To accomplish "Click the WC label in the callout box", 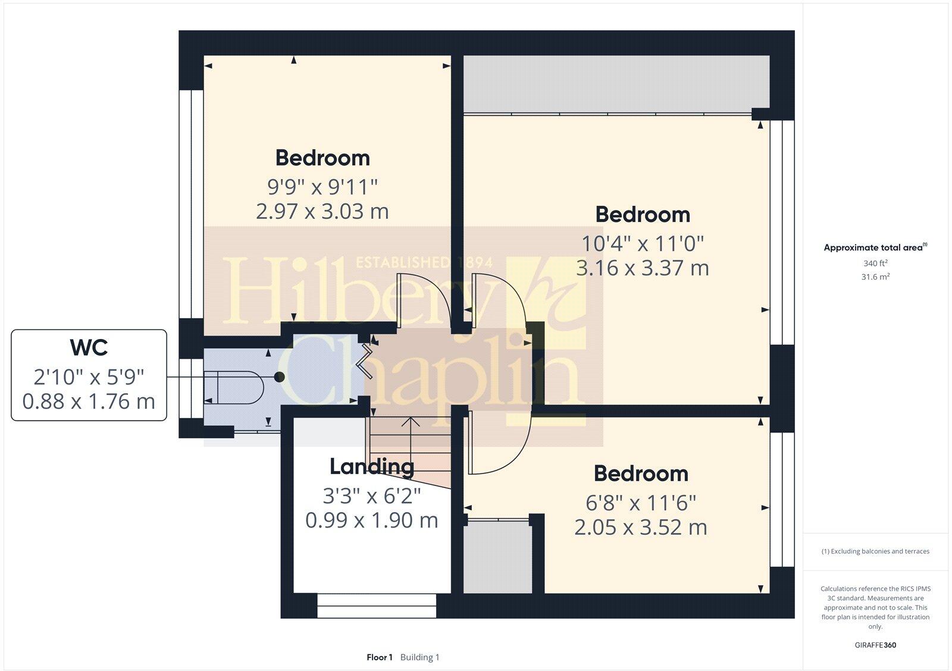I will pos(89,347).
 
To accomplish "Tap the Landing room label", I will pos(372,467).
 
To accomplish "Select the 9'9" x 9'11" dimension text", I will pos(322,187).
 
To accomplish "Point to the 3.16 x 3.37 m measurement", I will pos(643,268).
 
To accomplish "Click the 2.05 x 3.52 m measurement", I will pos(641,528).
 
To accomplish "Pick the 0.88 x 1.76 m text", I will pos(89,402).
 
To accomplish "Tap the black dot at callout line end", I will pos(279,377).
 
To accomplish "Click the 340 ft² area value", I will pos(875,263).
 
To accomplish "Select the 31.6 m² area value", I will pos(875,277).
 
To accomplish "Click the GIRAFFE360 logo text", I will pos(875,645).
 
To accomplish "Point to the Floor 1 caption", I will pos(380,657).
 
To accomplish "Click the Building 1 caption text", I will pos(419,657).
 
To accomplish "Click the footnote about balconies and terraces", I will pos(875,551).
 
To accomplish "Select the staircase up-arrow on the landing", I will pos(410,424).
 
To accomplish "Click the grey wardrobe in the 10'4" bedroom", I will pos(616,84).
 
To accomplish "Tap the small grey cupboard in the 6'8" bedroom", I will pos(497,557).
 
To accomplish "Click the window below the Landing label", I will pos(377,606).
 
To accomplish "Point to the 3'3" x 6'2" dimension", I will pos(372,495).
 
